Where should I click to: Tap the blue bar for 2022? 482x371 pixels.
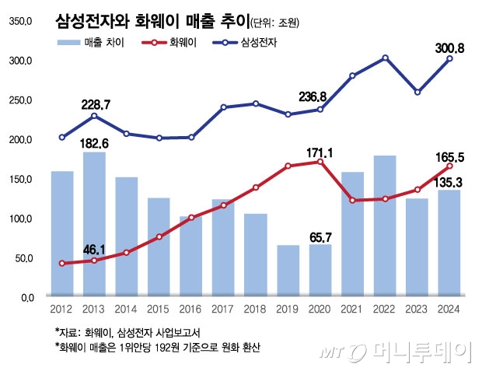[x=385, y=226]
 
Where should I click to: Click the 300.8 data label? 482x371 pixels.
[x=449, y=48]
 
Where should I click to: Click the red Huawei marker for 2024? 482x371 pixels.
[x=449, y=166]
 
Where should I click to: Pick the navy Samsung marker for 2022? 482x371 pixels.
[x=385, y=58]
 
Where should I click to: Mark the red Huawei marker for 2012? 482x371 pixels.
[x=62, y=264]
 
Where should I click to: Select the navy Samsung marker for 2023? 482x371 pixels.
[x=417, y=92]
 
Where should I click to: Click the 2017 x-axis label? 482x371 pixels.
[x=223, y=309]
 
